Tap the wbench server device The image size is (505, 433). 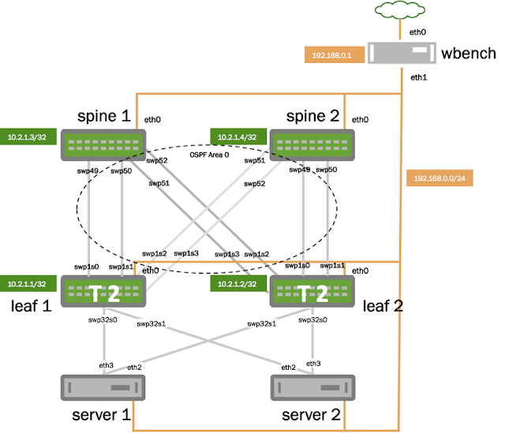[x=402, y=53]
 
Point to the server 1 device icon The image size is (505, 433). [x=103, y=388]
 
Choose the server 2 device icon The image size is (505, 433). [x=309, y=388]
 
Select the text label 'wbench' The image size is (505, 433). [x=469, y=54]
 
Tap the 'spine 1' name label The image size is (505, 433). [x=104, y=117]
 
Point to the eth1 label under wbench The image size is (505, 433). [x=418, y=78]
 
